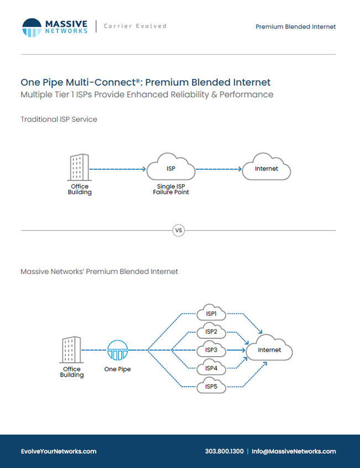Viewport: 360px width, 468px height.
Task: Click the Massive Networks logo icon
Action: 32,28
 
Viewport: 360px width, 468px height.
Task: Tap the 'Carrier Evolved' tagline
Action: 135,26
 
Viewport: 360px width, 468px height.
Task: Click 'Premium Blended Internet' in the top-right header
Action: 295,27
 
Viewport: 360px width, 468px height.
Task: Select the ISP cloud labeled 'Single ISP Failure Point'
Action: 171,167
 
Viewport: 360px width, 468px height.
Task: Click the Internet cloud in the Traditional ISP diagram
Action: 267,167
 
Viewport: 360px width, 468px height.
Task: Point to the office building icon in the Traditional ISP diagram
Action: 79,167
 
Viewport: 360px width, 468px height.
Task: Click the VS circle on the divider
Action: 179,231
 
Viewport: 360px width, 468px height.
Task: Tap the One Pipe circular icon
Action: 118,350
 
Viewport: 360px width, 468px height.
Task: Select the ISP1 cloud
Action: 211,312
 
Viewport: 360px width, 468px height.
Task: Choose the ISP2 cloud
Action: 211,330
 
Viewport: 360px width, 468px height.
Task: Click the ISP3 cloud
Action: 211,349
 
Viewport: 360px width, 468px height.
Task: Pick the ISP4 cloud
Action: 211,367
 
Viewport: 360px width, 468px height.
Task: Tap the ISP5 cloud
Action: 211,386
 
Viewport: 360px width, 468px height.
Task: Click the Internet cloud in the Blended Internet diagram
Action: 269,348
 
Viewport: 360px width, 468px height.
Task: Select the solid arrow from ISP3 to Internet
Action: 236,350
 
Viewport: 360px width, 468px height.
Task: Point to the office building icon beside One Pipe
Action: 71,350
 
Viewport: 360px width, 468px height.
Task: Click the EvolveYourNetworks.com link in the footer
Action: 59,451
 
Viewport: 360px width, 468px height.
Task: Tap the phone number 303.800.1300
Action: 225,451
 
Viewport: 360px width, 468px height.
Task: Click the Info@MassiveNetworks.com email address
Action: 294,451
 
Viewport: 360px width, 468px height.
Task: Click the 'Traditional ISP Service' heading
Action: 59,119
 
